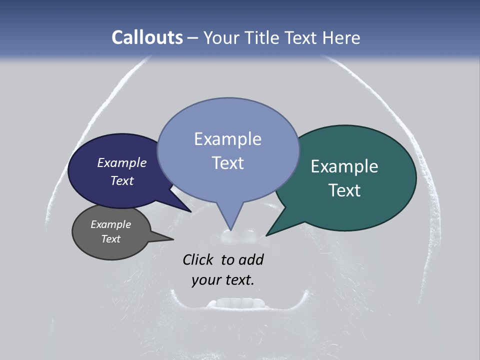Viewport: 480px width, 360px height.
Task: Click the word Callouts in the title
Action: click(x=147, y=37)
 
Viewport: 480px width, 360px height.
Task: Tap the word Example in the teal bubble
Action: click(x=344, y=166)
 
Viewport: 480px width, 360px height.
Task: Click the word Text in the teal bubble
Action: click(x=344, y=190)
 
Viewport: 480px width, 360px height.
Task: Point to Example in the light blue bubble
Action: click(x=227, y=139)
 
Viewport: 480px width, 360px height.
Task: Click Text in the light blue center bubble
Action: click(x=227, y=163)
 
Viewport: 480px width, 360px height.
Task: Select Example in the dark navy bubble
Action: click(x=122, y=162)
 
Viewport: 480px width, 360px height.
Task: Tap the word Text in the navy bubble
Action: click(x=122, y=180)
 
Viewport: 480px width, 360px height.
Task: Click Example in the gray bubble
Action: click(x=110, y=224)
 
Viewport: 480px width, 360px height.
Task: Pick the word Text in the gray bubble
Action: click(x=110, y=239)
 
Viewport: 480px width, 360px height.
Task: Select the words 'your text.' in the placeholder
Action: click(x=222, y=280)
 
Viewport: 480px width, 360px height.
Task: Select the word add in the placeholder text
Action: click(x=251, y=259)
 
